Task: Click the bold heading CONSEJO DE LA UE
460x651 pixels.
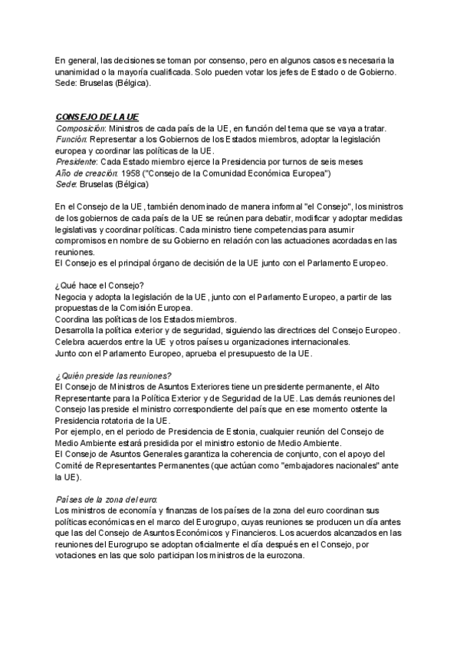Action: click(97, 117)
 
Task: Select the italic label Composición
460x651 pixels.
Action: click(80, 128)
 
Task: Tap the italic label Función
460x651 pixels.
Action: click(73, 140)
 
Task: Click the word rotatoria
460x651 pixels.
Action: click(123, 421)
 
